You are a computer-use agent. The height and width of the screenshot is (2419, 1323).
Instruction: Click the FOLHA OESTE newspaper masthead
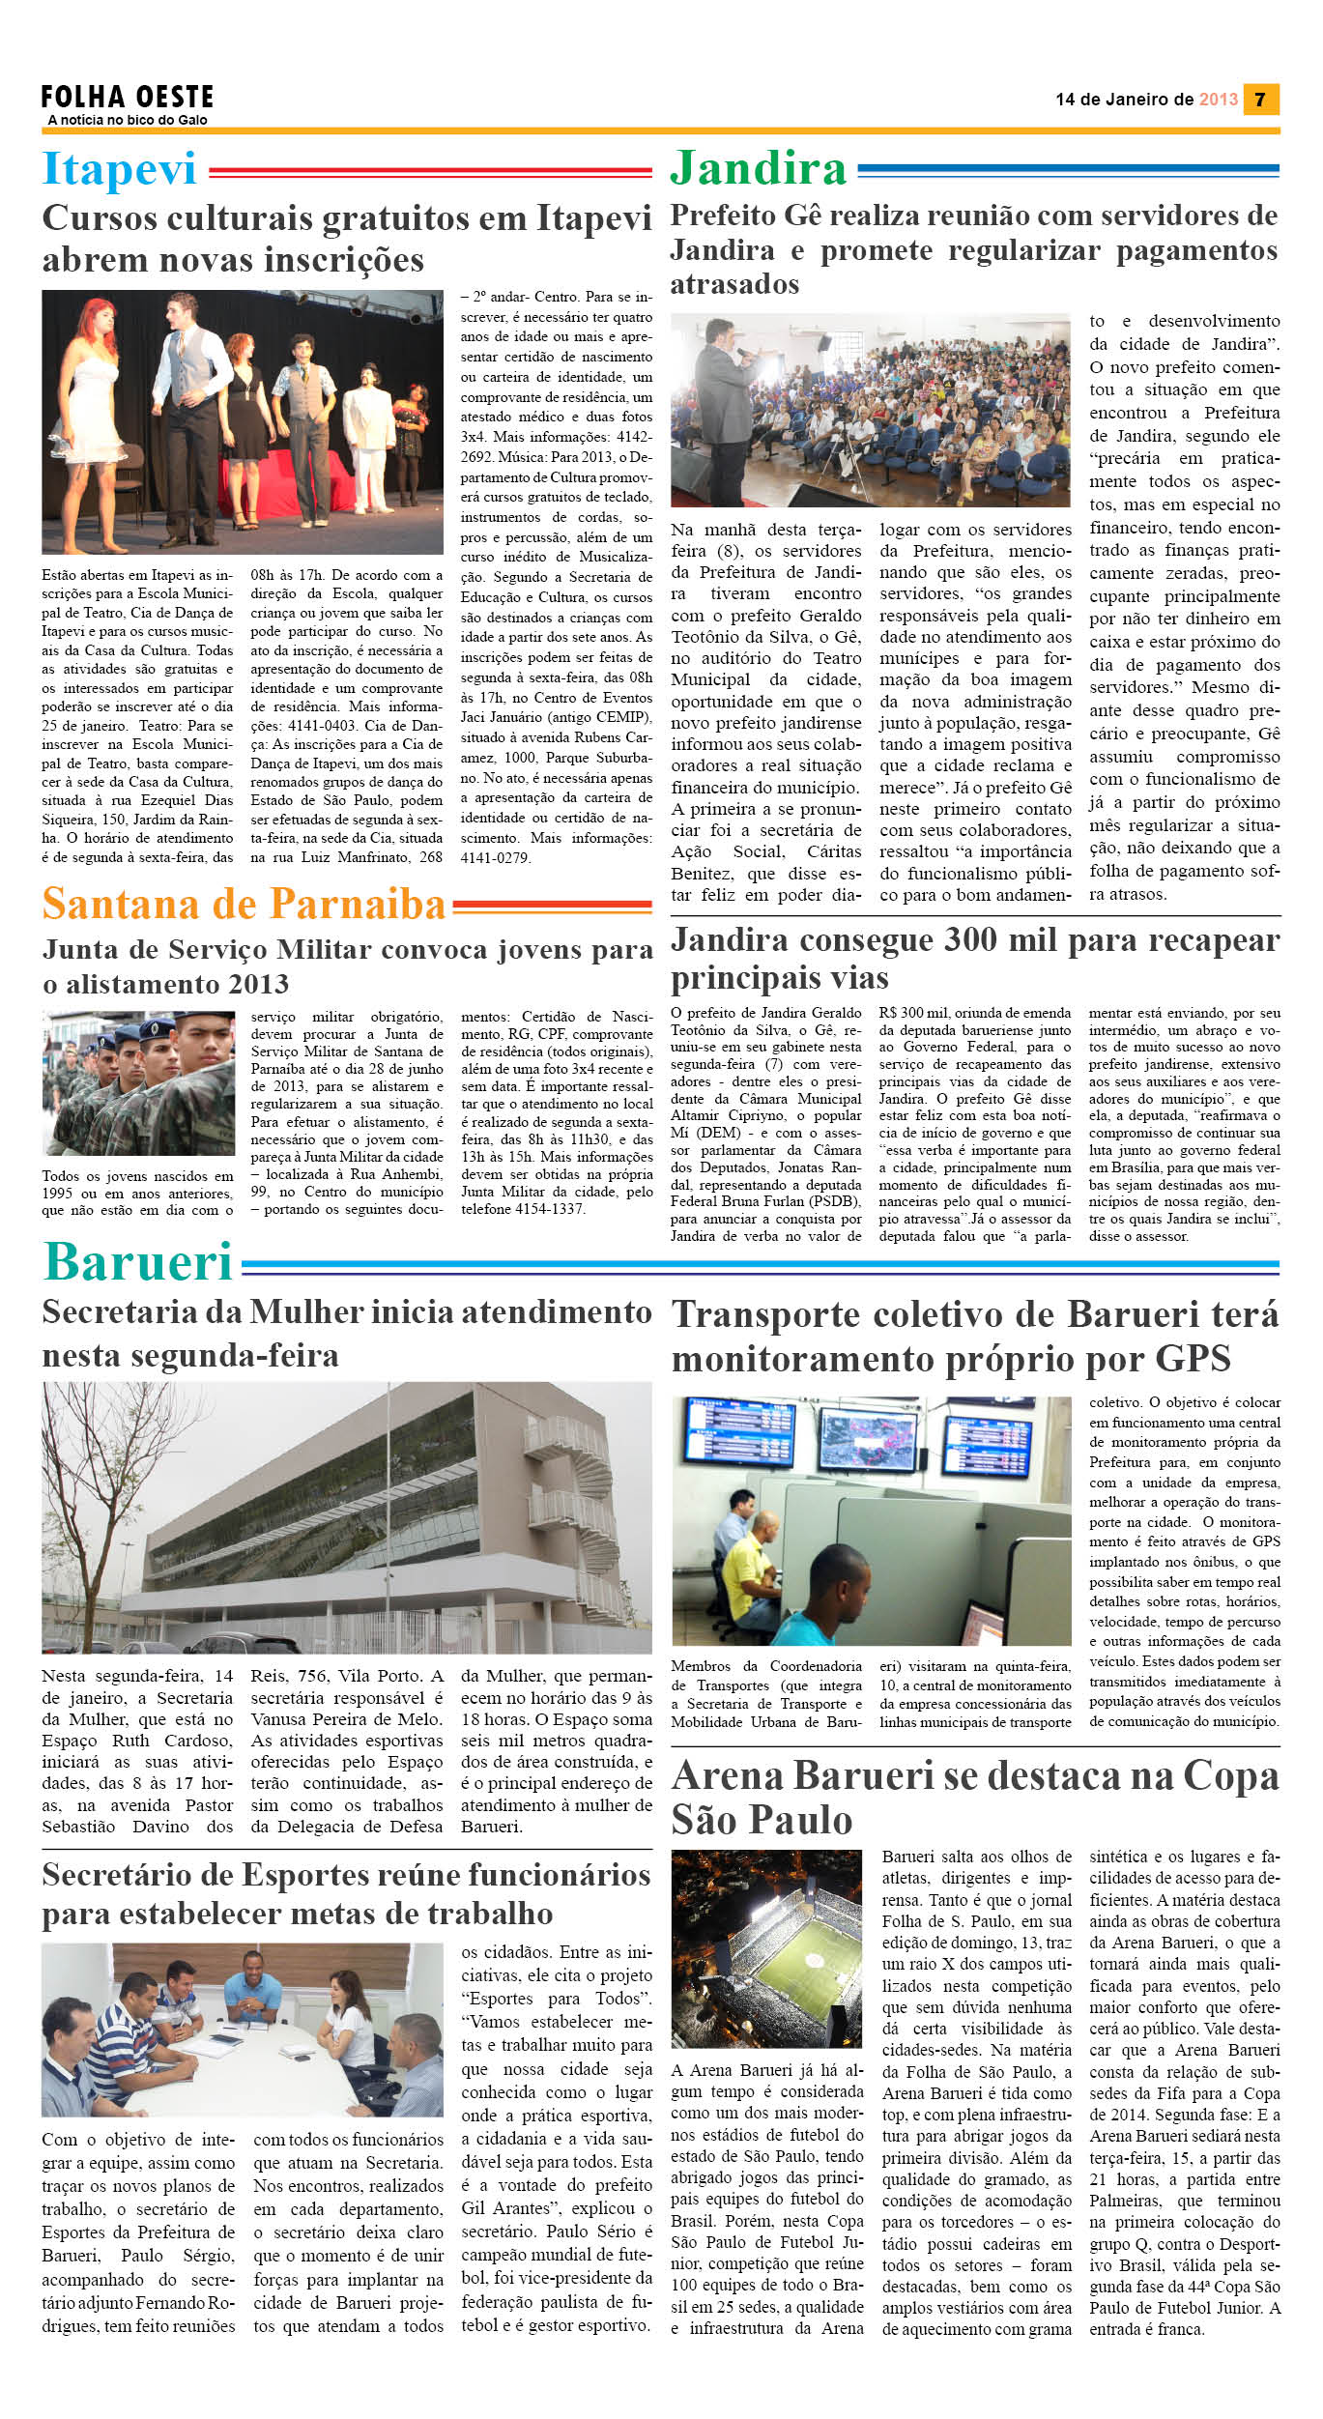coord(127,97)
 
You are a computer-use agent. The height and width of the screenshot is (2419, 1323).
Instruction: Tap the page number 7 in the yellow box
coord(1259,100)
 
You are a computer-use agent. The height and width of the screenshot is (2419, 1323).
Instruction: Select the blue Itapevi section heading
coord(119,169)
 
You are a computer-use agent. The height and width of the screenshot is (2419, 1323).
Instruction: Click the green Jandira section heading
coord(758,168)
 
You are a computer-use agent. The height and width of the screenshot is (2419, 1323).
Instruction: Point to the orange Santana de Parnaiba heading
coord(244,905)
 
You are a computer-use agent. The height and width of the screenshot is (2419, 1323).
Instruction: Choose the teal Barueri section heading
coord(139,1262)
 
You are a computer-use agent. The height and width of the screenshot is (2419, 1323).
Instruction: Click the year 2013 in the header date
coord(1218,100)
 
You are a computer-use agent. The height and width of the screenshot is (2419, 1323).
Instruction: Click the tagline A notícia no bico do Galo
coord(127,120)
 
